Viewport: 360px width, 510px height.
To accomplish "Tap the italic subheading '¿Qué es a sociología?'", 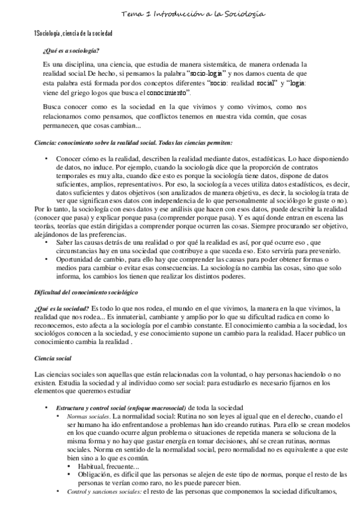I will (71, 51).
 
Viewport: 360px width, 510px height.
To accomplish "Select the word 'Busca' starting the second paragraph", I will (53, 106).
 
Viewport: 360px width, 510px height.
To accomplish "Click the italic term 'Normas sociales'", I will (88, 416).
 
